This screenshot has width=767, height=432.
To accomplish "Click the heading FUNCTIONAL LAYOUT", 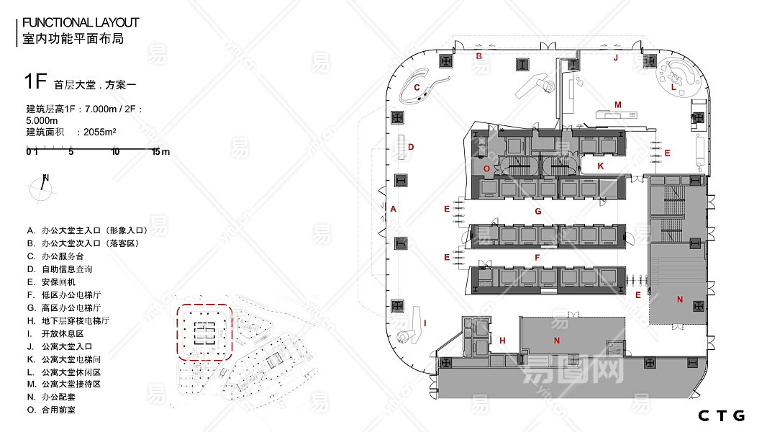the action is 81,22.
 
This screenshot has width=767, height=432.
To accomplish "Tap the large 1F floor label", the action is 36,81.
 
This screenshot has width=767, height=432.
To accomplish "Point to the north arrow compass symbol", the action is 42,187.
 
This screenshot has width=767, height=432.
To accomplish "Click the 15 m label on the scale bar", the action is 160,152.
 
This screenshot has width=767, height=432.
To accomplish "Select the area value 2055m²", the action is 100,132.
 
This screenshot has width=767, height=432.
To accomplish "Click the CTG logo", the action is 722,416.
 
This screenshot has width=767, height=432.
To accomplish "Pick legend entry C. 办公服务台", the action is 55,256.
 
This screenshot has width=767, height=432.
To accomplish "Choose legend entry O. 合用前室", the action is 51,410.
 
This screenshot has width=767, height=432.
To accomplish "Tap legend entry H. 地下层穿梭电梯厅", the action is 68,321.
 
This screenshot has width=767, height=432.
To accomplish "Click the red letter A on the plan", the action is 394,209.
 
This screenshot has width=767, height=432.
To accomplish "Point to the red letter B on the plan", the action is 479,56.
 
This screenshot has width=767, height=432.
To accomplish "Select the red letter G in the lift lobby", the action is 538,212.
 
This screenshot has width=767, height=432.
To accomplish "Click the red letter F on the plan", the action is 537,257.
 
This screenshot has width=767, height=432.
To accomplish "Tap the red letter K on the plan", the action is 600,166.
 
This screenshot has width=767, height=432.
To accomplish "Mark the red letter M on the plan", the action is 618,104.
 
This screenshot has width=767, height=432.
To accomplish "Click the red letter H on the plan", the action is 502,341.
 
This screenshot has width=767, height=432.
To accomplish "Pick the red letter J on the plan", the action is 616,58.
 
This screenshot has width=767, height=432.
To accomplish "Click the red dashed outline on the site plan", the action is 178,333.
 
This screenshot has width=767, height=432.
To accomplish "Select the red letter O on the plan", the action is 486,168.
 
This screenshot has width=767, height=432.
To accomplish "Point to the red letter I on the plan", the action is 425,323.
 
